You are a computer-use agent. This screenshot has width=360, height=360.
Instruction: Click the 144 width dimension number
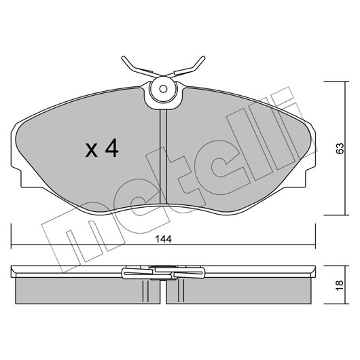[164, 239]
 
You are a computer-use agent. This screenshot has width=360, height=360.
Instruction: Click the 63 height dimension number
[340, 148]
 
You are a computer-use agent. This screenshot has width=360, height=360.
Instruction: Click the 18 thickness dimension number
[340, 285]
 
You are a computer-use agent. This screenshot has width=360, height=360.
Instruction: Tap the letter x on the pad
[92, 151]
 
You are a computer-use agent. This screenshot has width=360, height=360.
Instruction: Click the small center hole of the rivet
[163, 89]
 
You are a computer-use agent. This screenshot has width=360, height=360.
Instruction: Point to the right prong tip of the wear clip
[202, 58]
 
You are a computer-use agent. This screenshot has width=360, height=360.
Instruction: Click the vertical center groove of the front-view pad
[163, 156]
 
